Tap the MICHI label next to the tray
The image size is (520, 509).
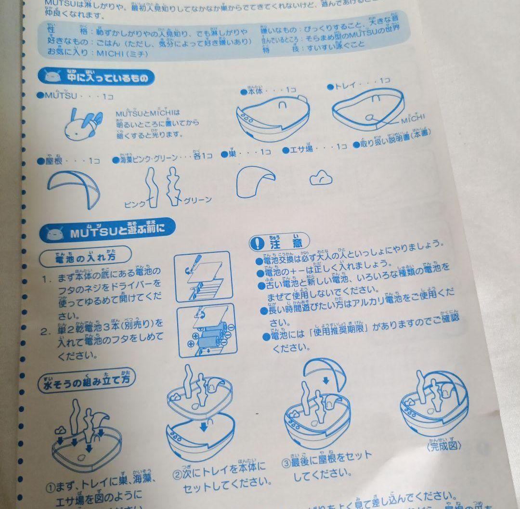point(413,117)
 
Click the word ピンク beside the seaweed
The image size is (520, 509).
point(134,204)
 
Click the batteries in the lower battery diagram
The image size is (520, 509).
point(209,337)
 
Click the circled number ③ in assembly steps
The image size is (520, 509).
point(287,463)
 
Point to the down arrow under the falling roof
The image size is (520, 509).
point(327,381)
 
